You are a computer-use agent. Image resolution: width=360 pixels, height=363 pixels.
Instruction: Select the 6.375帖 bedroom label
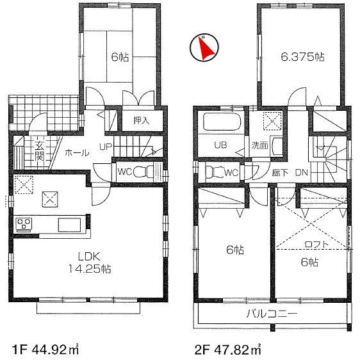coord(303,57)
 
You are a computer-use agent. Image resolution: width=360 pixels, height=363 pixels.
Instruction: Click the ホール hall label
coord(78,154)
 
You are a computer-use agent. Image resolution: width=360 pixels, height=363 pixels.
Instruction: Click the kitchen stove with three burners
coord(25,224)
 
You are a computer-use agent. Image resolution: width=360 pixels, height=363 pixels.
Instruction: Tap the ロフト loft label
coord(315,244)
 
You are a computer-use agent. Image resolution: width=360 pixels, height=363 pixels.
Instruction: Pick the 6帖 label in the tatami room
coord(120,57)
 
